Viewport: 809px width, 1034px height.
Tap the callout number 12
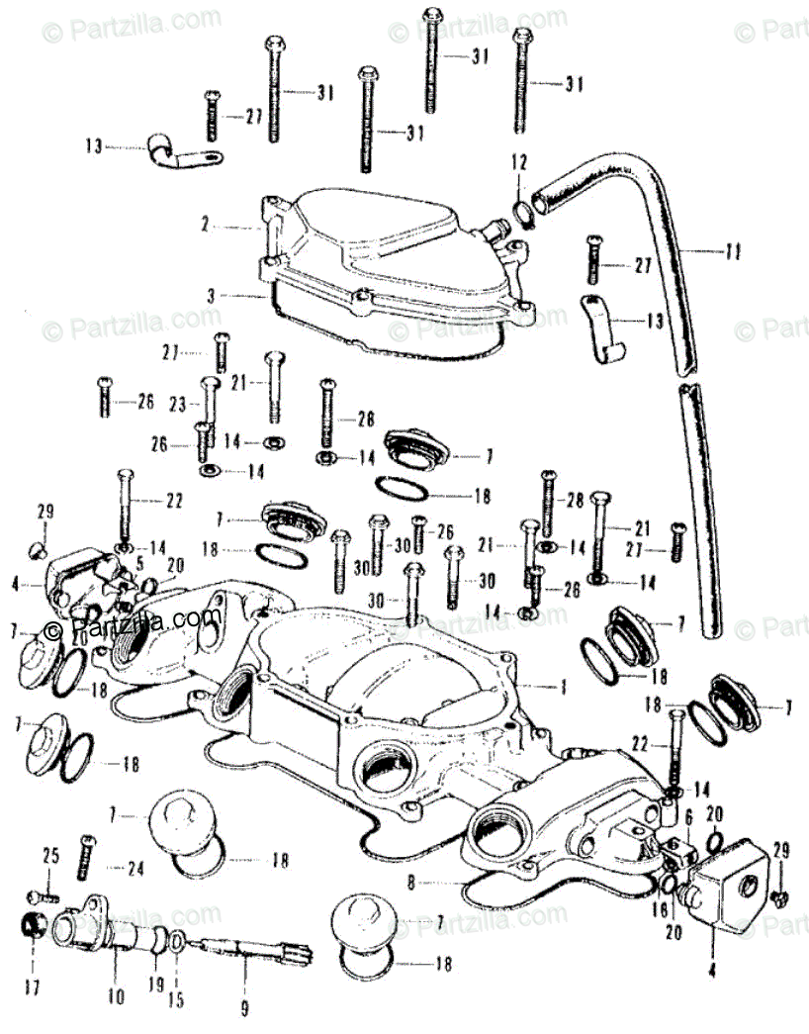pyautogui.click(x=520, y=161)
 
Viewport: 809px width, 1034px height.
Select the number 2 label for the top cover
pyautogui.click(x=205, y=227)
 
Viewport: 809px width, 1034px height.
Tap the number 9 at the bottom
pyautogui.click(x=244, y=1010)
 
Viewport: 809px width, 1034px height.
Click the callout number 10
pyautogui.click(x=118, y=998)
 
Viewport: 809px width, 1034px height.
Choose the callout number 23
pyautogui.click(x=178, y=404)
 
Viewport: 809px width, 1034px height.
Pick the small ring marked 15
pyautogui.click(x=174, y=941)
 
